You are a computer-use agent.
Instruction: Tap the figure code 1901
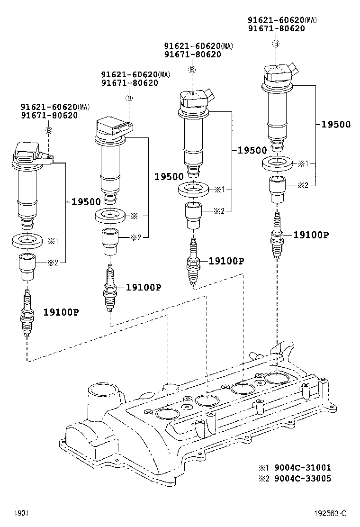(x=21, y=513)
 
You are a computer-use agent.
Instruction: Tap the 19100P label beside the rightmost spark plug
(x=311, y=235)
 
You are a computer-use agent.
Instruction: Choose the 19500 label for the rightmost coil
(x=336, y=125)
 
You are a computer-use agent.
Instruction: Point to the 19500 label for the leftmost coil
(x=87, y=201)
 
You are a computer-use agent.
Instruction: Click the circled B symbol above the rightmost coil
(x=276, y=44)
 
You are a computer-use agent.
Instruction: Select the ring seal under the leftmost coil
(x=27, y=240)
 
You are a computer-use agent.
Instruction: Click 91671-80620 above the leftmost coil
(x=49, y=115)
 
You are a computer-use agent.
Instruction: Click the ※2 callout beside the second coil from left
(x=135, y=237)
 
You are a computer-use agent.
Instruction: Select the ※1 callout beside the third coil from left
(x=219, y=190)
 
